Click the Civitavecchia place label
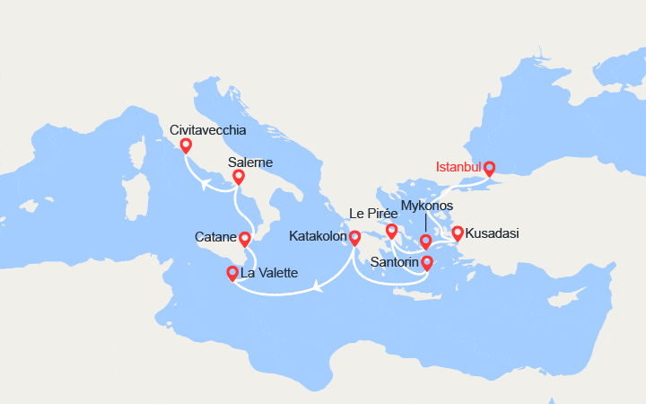point(208,130)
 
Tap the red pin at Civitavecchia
point(186,145)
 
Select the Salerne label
point(250,162)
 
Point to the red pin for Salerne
point(239,178)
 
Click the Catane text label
point(215,238)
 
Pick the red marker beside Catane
point(245,238)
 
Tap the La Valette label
point(270,273)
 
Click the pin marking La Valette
point(233,272)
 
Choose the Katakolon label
point(319,237)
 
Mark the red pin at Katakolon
point(354,237)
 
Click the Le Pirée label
point(372,214)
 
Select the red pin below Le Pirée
point(392,232)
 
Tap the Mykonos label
point(427,206)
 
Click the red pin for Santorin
point(427,262)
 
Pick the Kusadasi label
point(493,233)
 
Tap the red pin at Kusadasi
point(458,233)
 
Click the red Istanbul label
point(458,168)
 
